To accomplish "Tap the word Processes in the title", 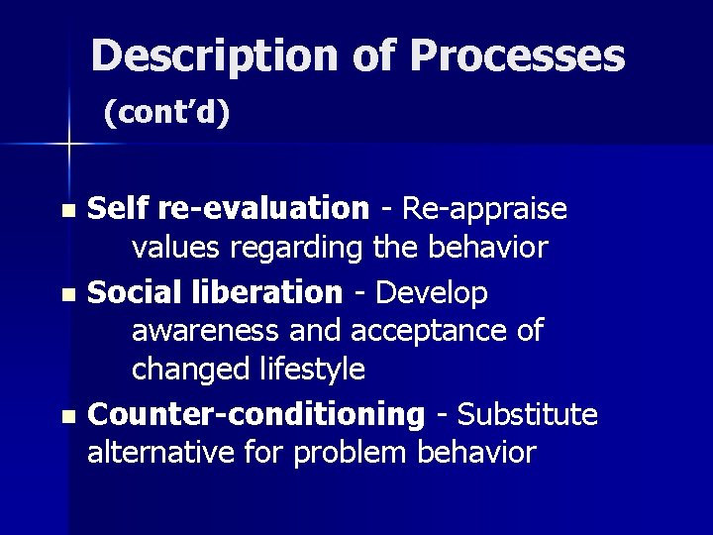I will click(x=517, y=56).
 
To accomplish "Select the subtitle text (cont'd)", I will click(x=167, y=115).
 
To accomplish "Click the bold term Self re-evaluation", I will click(x=229, y=209).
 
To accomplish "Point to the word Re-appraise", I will click(x=483, y=209).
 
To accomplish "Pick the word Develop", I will click(x=433, y=292).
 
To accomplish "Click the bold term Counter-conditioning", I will click(x=255, y=414).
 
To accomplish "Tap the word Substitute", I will click(x=530, y=414).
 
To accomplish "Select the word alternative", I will click(x=158, y=453).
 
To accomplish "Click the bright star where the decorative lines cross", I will click(x=68, y=145).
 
